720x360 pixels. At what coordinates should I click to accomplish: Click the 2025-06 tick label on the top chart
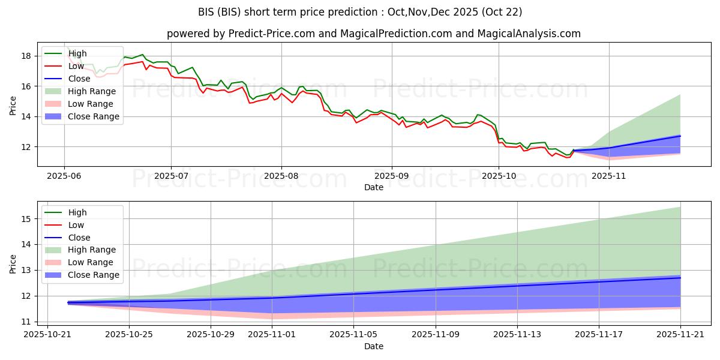(64, 176)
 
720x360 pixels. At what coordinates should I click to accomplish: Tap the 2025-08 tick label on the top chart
(281, 176)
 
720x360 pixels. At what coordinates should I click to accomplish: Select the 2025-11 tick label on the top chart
(609, 176)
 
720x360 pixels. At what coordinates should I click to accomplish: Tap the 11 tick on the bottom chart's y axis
(28, 322)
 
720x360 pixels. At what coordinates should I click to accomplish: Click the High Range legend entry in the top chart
(92, 91)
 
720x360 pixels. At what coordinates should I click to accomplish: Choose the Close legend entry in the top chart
(79, 79)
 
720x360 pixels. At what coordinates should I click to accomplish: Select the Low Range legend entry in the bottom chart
(91, 262)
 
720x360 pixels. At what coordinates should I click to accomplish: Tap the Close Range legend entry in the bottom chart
(93, 275)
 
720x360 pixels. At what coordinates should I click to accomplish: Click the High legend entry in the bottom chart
(77, 212)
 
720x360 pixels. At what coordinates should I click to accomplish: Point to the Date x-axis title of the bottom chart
(374, 346)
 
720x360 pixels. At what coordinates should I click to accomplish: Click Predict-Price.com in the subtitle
(272, 34)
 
